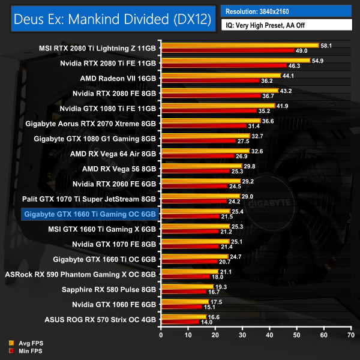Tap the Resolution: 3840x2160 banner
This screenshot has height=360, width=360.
click(x=263, y=11)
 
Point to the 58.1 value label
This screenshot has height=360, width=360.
click(x=327, y=45)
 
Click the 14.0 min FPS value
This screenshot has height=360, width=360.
click(x=207, y=322)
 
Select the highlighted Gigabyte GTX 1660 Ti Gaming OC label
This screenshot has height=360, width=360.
click(x=89, y=214)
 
